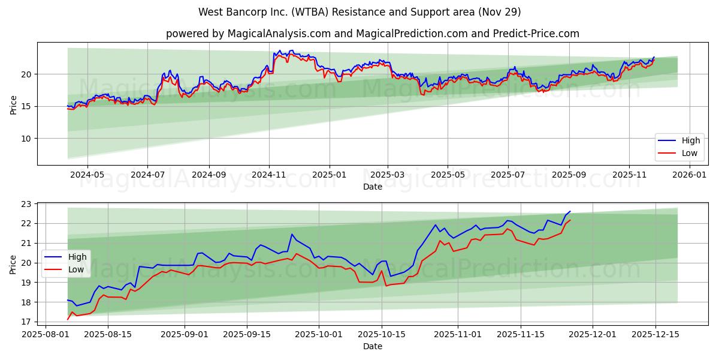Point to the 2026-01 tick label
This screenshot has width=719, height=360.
[x=690, y=175]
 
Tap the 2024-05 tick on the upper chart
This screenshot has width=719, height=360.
[x=87, y=175]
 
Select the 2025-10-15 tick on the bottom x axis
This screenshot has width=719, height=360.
[x=381, y=334]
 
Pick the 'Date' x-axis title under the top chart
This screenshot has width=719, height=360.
[x=372, y=187]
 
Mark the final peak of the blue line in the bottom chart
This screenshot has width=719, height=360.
[x=570, y=211]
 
